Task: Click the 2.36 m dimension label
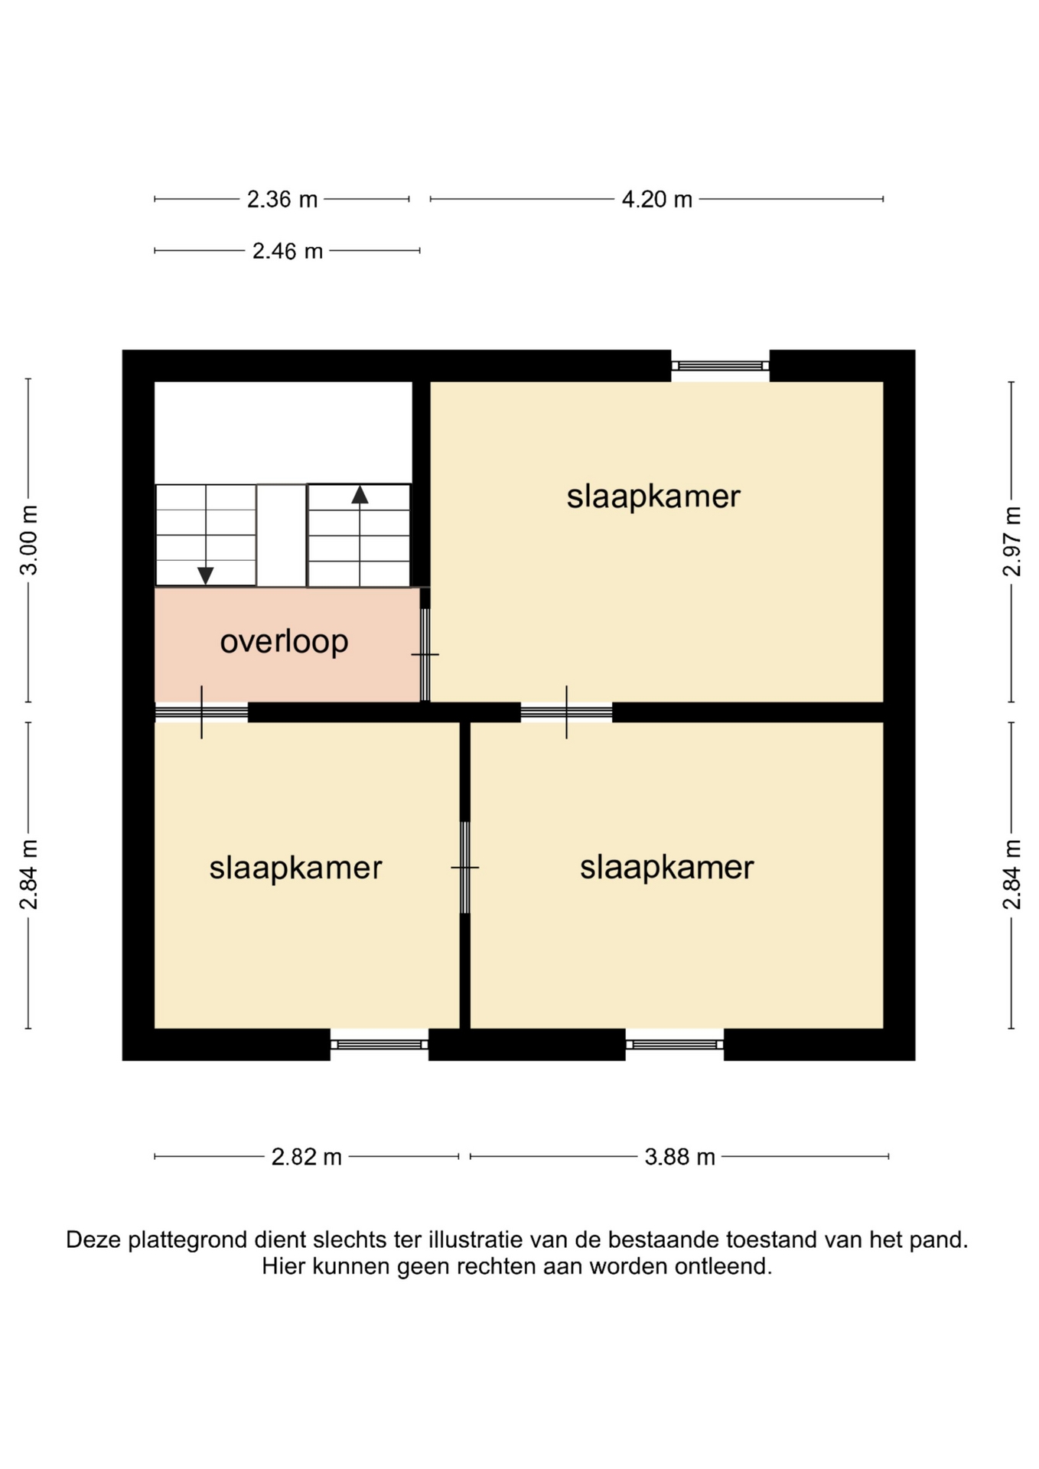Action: coord(282,200)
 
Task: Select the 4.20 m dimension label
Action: coord(656,200)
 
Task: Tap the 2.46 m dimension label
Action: coord(288,251)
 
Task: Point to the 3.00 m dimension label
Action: coord(29,539)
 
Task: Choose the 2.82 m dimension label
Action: coord(306,1156)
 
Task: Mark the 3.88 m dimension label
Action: coord(679,1156)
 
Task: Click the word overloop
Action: coord(284,642)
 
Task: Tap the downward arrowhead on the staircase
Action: coord(205,575)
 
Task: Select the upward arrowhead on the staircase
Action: coord(360,495)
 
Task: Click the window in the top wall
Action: coord(720,366)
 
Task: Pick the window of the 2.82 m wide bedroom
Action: coord(379,1044)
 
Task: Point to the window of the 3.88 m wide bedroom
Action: coord(674,1044)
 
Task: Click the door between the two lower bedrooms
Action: coord(464,868)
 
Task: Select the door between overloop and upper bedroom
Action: coord(425,655)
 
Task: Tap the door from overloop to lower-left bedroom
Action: coord(201,712)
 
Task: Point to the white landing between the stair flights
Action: coord(282,536)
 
